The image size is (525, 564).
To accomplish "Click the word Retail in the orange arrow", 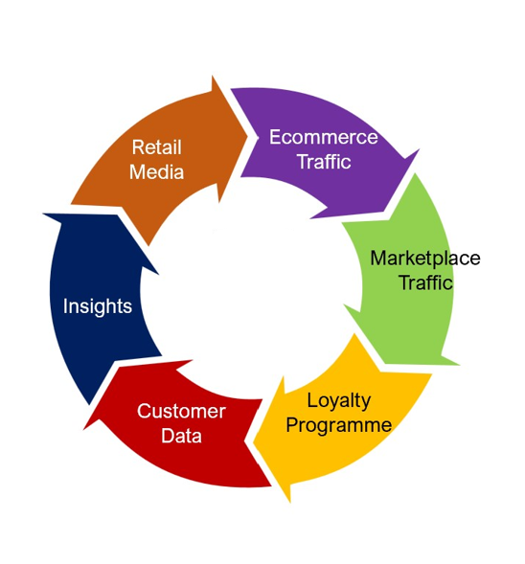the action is click(x=156, y=147).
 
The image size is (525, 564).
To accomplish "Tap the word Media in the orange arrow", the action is click(x=156, y=172).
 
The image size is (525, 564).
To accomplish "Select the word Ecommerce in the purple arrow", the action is click(x=324, y=137).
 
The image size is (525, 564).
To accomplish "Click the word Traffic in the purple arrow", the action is click(x=324, y=161).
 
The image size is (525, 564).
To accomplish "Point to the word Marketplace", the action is click(x=425, y=259).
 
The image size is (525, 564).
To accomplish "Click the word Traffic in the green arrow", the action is click(x=425, y=282).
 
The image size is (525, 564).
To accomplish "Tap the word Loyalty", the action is click(x=338, y=401).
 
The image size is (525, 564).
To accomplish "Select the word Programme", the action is click(x=338, y=425).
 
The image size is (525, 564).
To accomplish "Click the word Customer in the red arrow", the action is click(x=181, y=411).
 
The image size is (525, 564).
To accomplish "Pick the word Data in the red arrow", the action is click(x=181, y=436).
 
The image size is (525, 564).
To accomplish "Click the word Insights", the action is click(x=98, y=306).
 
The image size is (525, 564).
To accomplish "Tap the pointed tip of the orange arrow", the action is click(x=248, y=136).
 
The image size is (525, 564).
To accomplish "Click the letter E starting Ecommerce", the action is click(x=275, y=137).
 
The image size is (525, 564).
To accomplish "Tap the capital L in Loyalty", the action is click(x=312, y=400).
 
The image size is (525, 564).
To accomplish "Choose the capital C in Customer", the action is click(x=144, y=411).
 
